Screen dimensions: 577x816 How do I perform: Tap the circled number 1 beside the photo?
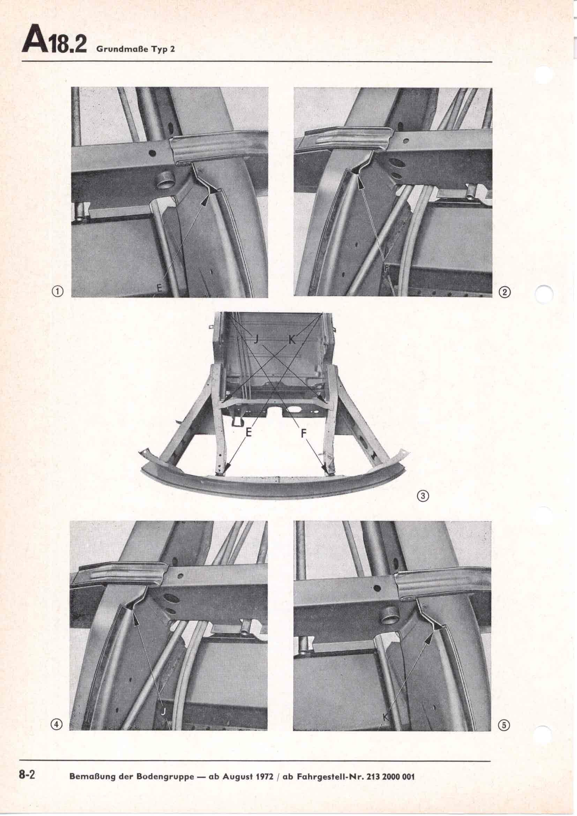59,291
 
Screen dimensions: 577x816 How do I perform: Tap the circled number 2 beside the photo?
505,292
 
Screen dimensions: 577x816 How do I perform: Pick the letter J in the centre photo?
256,339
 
